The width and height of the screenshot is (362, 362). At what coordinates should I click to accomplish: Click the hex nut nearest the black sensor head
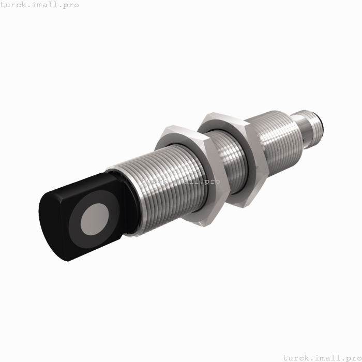click(x=194, y=176)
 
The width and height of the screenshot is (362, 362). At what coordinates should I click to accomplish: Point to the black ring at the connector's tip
click(x=324, y=123)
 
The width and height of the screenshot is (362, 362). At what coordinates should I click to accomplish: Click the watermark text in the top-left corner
click(x=40, y=5)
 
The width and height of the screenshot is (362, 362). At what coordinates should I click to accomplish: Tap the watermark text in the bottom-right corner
click(x=321, y=357)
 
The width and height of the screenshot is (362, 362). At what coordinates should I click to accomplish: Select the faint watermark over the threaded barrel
click(x=180, y=182)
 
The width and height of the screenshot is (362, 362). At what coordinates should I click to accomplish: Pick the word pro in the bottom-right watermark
click(x=351, y=357)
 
